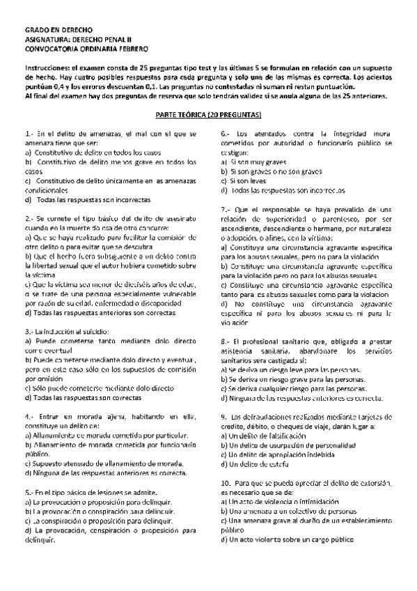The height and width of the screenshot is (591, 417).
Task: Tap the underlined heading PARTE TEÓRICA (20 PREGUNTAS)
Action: (x=208, y=113)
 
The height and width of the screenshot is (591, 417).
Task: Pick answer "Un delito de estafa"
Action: (x=258, y=463)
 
